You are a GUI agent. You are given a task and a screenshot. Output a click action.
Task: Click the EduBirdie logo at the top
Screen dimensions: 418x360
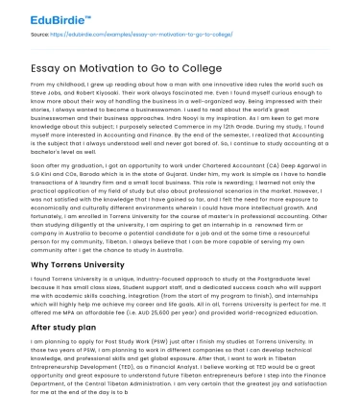(45, 15)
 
